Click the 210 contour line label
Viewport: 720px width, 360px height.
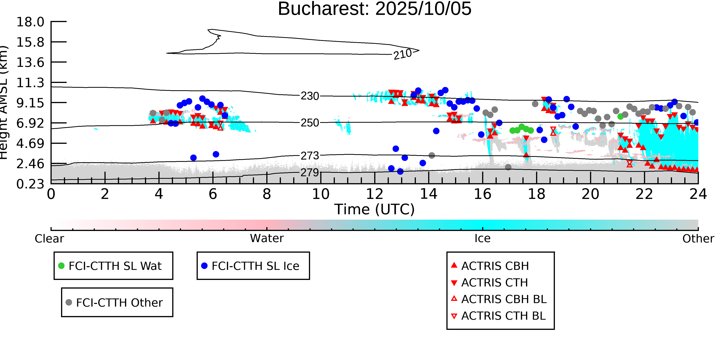[402, 54]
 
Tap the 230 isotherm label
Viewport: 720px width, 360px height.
[310, 96]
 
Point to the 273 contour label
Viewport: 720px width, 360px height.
[310, 156]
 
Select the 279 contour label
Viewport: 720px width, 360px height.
[310, 172]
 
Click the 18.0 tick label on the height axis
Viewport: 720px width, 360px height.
[30, 22]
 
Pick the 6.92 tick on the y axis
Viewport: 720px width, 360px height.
[30, 123]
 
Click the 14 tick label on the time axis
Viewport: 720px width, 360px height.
[429, 194]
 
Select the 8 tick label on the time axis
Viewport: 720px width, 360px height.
[267, 194]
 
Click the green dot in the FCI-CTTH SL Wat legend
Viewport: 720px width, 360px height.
[61, 266]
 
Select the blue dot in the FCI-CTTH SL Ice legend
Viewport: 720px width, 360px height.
[204, 266]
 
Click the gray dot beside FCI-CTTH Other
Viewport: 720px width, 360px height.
[69, 302]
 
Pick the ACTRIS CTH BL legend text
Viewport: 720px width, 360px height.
[503, 316]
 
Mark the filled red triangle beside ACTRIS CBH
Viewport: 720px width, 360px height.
[454, 265]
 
